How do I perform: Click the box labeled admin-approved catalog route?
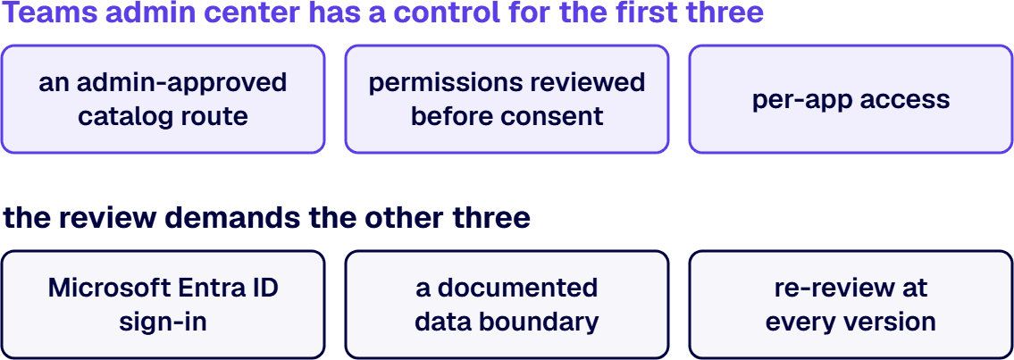[x=163, y=99]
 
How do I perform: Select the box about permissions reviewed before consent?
[x=507, y=99]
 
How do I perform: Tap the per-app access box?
[x=851, y=99]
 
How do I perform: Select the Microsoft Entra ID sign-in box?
[x=163, y=305]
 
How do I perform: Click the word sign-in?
[x=163, y=322]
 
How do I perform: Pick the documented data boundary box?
[x=507, y=305]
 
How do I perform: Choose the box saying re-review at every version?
[x=851, y=305]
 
